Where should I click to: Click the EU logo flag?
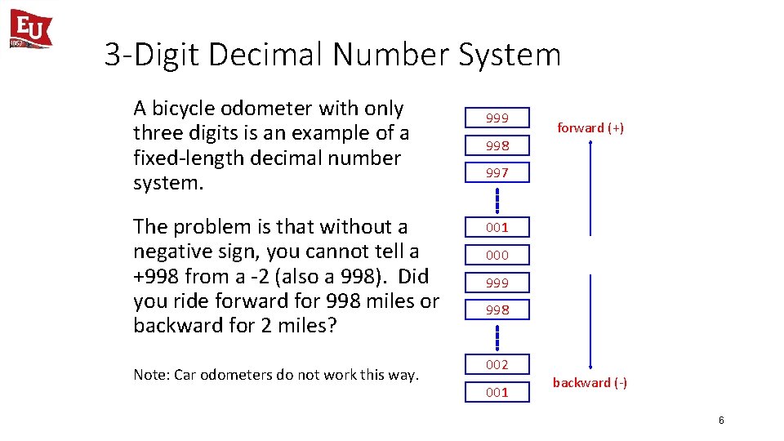point(31,29)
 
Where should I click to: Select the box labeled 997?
point(497,172)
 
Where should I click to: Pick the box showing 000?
point(497,255)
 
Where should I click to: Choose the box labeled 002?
point(497,364)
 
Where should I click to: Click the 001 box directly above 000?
point(497,227)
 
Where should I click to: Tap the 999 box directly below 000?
point(497,283)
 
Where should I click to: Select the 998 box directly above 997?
point(497,145)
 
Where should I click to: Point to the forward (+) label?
point(590,127)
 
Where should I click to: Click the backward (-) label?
point(590,382)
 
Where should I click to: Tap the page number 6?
point(721,421)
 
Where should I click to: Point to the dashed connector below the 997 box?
point(497,199)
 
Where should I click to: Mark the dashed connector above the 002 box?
point(497,336)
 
